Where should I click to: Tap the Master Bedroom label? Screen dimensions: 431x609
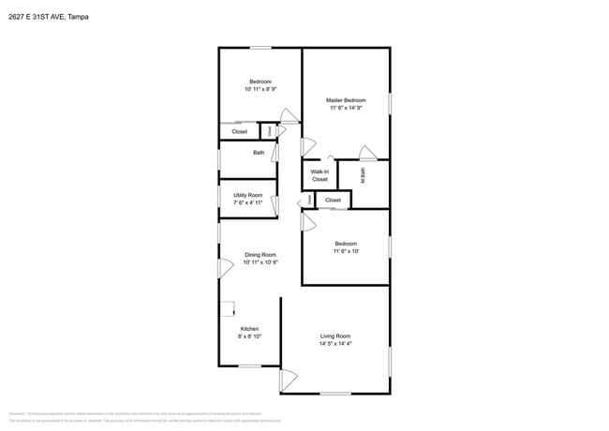(x=346, y=100)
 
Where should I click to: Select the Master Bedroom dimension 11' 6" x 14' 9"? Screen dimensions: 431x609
(x=346, y=109)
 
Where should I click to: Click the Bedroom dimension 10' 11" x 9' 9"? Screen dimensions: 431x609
(x=260, y=90)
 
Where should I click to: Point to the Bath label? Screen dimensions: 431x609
(x=259, y=153)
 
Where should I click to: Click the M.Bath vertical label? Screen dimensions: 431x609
(x=363, y=174)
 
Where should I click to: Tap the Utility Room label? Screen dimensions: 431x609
(x=248, y=195)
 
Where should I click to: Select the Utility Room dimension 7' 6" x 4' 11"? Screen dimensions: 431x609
(x=248, y=202)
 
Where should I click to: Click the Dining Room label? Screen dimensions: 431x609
(x=260, y=255)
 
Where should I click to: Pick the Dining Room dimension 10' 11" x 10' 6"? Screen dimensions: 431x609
(x=260, y=263)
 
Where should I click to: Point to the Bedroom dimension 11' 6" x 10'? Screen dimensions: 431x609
(x=346, y=252)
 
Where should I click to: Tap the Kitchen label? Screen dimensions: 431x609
(x=249, y=329)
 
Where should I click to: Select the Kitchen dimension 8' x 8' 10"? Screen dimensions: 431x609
(x=249, y=337)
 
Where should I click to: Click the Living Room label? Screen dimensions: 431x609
(x=335, y=335)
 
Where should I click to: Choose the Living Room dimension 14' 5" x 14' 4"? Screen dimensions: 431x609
(x=335, y=344)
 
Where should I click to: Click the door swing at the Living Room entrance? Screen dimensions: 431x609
(x=288, y=380)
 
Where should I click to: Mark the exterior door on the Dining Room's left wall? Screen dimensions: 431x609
(x=225, y=268)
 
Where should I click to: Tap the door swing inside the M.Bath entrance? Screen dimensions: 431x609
(x=367, y=154)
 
